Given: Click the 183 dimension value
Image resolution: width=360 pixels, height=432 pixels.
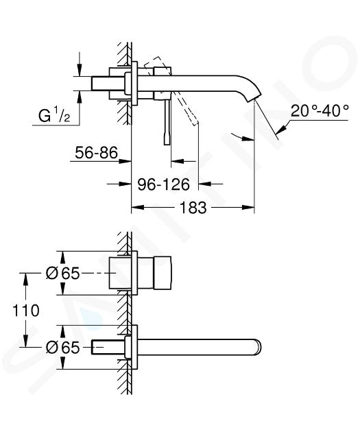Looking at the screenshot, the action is coord(193,208).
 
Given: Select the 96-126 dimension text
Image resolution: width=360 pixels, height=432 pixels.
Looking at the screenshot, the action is coord(164,184).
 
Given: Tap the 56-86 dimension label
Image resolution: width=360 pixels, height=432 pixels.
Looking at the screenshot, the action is coord(97,152).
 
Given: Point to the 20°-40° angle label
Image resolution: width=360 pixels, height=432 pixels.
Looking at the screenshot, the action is coord(320,111).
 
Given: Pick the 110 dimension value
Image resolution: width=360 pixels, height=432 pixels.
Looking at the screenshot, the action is coord(26,310).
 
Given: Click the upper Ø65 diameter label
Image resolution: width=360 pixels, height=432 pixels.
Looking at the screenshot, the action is coord(62,274).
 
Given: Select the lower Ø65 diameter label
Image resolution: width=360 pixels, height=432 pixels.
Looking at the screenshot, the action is coord(62,347).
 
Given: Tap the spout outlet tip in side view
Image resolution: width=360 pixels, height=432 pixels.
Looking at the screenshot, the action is coord(254,100).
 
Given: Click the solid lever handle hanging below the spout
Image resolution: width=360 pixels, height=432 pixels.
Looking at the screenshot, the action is coord(167,121).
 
